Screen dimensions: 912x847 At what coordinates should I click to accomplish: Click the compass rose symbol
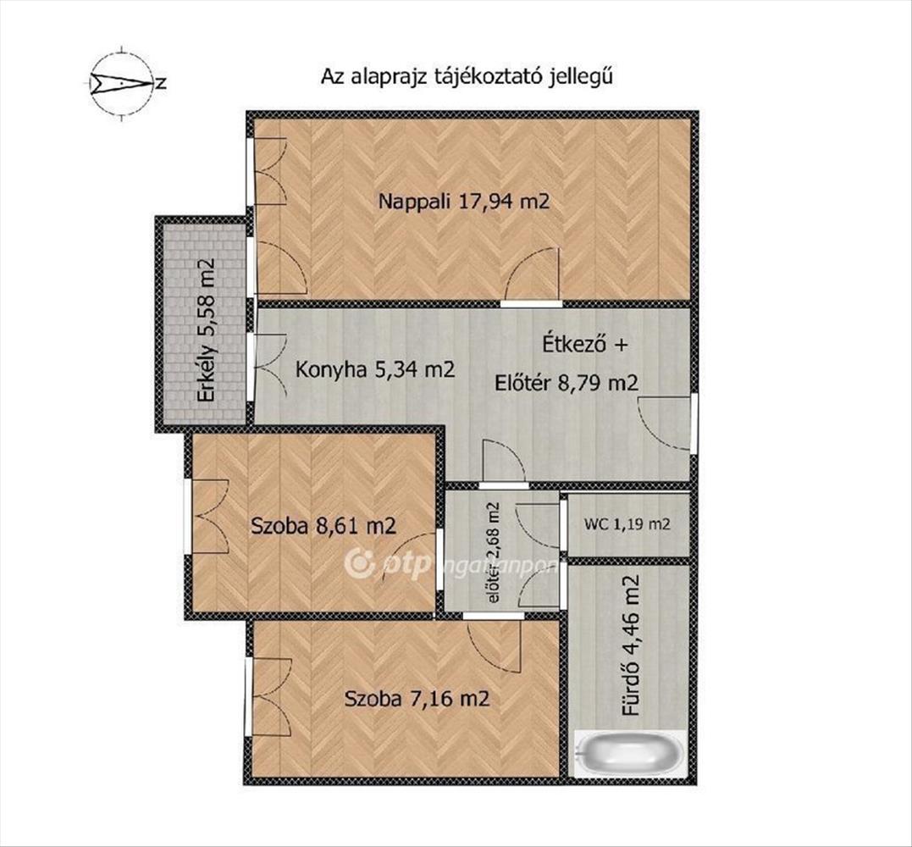tap(122, 83)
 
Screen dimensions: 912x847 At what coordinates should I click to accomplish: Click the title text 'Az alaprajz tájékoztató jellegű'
tap(467, 77)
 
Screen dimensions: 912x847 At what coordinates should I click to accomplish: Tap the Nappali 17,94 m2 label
tap(463, 202)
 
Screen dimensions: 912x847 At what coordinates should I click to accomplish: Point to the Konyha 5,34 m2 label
tap(375, 369)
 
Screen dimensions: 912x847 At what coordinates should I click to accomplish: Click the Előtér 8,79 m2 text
tap(567, 383)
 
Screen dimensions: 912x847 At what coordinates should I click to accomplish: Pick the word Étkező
tap(571, 344)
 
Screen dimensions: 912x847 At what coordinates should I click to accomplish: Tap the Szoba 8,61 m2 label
tap(323, 527)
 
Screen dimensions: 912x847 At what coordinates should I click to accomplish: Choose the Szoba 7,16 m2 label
tap(417, 698)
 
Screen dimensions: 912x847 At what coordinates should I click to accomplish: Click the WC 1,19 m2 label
tap(627, 524)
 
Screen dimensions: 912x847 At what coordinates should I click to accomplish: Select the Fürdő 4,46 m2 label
tap(631, 645)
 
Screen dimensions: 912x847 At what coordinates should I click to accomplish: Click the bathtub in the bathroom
tap(630, 754)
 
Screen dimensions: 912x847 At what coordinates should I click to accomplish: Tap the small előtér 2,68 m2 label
tap(495, 552)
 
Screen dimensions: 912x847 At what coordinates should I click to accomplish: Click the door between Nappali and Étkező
tap(532, 274)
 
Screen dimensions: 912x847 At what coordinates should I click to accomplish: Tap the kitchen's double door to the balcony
tap(270, 365)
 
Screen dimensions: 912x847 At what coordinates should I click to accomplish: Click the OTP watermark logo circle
tap(358, 563)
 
